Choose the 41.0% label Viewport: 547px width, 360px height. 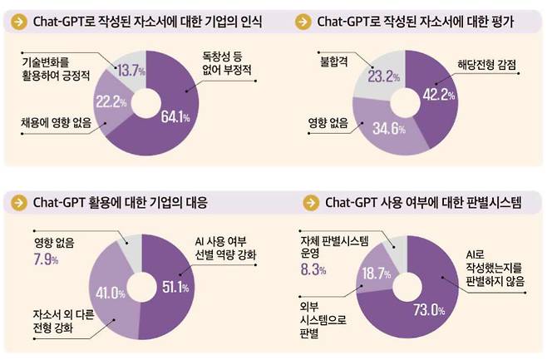click(x=109, y=292)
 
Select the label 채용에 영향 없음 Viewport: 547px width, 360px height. click(x=54, y=125)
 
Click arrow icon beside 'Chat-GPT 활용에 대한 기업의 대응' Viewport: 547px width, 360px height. click(x=17, y=203)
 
